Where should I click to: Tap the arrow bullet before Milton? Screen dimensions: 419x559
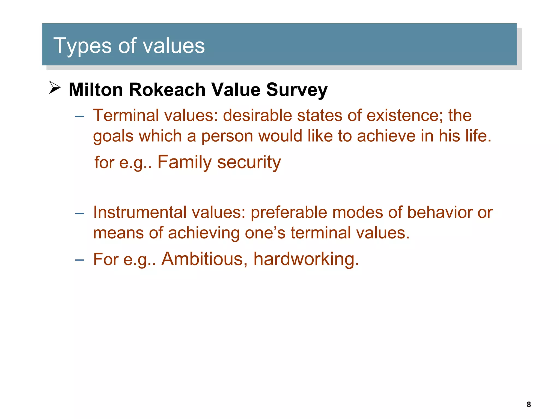55,88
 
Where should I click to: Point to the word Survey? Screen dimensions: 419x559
297,90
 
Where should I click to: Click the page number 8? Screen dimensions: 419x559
529,404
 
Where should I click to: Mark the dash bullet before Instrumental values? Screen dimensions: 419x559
79,213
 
